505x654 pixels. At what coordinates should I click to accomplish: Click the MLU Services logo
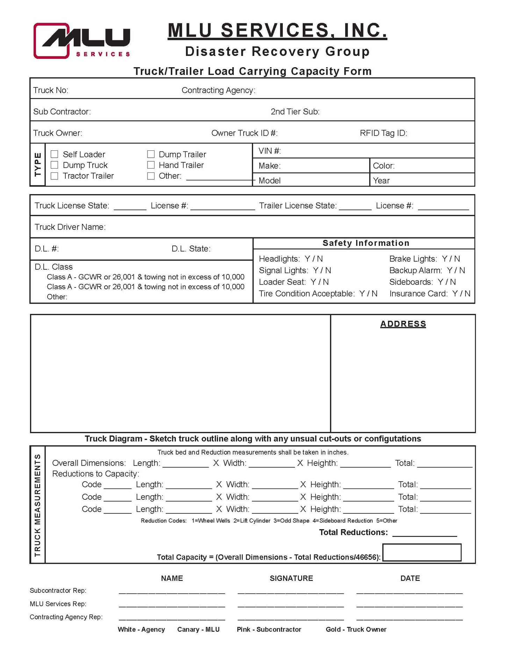[x=82, y=41]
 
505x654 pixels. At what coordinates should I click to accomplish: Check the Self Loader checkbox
[x=55, y=154]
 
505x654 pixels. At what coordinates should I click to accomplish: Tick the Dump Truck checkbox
[x=55, y=165]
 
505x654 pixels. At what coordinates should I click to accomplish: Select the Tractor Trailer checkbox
[x=55, y=176]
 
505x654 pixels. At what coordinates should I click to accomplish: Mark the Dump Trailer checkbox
[x=151, y=154]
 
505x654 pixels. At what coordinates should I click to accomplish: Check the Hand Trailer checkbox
[x=151, y=165]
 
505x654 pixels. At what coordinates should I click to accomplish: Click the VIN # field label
[x=269, y=151]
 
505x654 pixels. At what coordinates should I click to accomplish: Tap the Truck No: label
[x=51, y=90]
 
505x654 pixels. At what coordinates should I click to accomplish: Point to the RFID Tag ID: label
[x=383, y=133]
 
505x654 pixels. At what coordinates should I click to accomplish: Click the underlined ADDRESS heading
[x=403, y=324]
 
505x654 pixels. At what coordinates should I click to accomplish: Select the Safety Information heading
[x=366, y=243]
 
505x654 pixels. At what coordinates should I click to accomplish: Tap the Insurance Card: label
[x=418, y=293]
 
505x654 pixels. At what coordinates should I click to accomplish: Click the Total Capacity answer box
[x=422, y=553]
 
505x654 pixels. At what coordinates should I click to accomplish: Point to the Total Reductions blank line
[x=425, y=533]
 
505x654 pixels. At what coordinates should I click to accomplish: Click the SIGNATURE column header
[x=291, y=578]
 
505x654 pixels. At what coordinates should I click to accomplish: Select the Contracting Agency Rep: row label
[x=66, y=617]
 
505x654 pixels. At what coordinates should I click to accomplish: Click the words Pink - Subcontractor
[x=269, y=630]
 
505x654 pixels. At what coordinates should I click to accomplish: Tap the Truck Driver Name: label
[x=70, y=227]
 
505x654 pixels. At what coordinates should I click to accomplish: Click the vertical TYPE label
[x=38, y=164]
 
